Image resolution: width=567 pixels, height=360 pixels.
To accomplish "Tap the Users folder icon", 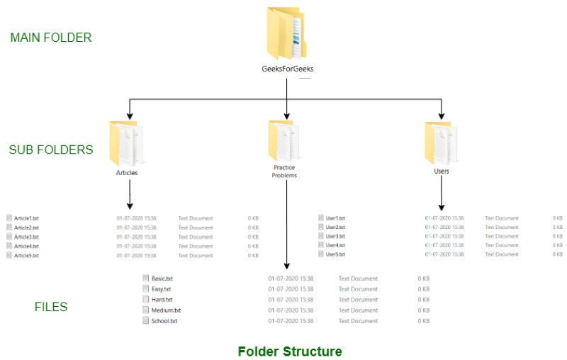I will click(x=439, y=142).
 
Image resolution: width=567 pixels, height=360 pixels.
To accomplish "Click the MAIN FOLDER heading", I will click(x=51, y=38).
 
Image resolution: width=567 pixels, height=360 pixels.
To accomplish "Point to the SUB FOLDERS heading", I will click(x=51, y=150).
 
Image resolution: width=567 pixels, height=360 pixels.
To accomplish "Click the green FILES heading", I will click(x=51, y=307).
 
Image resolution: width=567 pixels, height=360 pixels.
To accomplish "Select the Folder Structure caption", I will click(x=290, y=351).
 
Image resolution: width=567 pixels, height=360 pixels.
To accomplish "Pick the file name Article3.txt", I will click(x=26, y=237).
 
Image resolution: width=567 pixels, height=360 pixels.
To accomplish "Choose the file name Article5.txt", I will click(x=26, y=255).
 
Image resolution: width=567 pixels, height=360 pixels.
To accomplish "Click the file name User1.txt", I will click(x=335, y=218).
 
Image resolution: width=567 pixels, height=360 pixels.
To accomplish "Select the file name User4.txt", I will click(x=335, y=244).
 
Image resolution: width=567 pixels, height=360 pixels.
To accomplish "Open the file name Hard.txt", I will click(x=162, y=300).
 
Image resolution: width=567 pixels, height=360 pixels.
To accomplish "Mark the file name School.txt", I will click(x=164, y=321).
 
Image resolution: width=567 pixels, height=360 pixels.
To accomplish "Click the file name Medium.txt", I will click(x=166, y=310).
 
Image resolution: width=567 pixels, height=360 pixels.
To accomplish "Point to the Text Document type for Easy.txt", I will click(x=358, y=289).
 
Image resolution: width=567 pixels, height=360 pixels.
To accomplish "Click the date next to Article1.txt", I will click(x=136, y=218).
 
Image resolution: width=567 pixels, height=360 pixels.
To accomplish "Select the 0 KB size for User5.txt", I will click(x=557, y=254).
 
